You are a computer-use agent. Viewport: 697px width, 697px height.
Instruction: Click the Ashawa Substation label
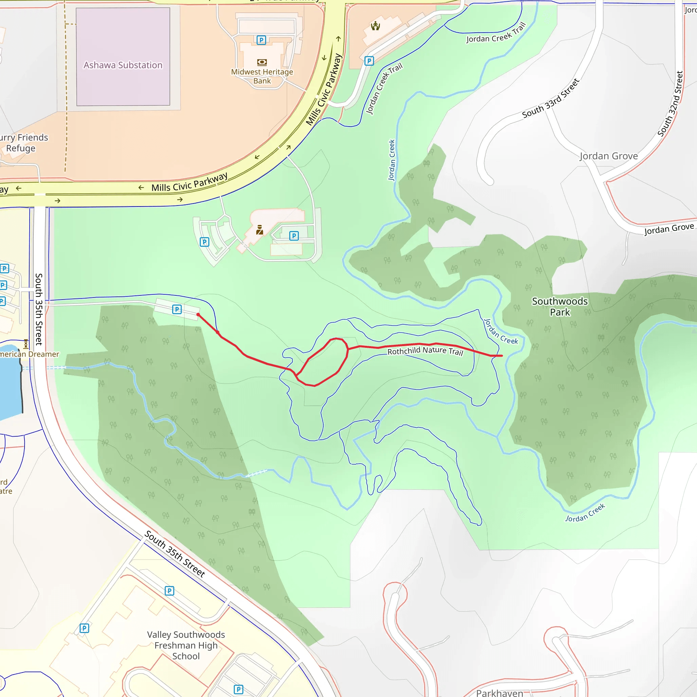tap(123, 65)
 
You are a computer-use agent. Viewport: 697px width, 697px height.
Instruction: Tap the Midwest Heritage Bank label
tap(262, 77)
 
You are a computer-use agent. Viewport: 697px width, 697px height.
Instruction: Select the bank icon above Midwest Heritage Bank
tap(262, 62)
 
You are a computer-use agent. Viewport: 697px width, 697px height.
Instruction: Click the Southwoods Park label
tap(560, 307)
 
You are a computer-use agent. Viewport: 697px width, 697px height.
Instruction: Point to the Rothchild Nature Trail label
tap(425, 351)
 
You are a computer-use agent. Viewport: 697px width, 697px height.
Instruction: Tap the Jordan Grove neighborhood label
tap(609, 156)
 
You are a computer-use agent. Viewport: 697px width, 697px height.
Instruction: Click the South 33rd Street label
tap(550, 98)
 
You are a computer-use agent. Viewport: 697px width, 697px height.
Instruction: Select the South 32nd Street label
tap(670, 104)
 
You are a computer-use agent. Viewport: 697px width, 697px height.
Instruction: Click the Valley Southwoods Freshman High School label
tap(186, 645)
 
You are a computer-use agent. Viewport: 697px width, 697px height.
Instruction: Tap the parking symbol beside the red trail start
tap(177, 309)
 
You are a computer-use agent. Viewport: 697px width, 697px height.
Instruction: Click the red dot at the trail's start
tap(198, 314)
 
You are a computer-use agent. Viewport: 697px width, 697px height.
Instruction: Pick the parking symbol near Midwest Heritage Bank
tap(261, 40)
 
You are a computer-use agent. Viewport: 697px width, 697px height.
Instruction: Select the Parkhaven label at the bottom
tap(499, 693)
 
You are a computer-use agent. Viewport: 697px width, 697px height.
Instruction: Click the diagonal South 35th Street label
tap(175, 554)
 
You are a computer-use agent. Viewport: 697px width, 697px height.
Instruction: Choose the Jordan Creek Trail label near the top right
tap(496, 33)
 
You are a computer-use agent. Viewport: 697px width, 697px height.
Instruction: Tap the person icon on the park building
tap(259, 230)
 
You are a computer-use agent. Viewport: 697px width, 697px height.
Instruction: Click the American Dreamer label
tap(29, 354)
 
